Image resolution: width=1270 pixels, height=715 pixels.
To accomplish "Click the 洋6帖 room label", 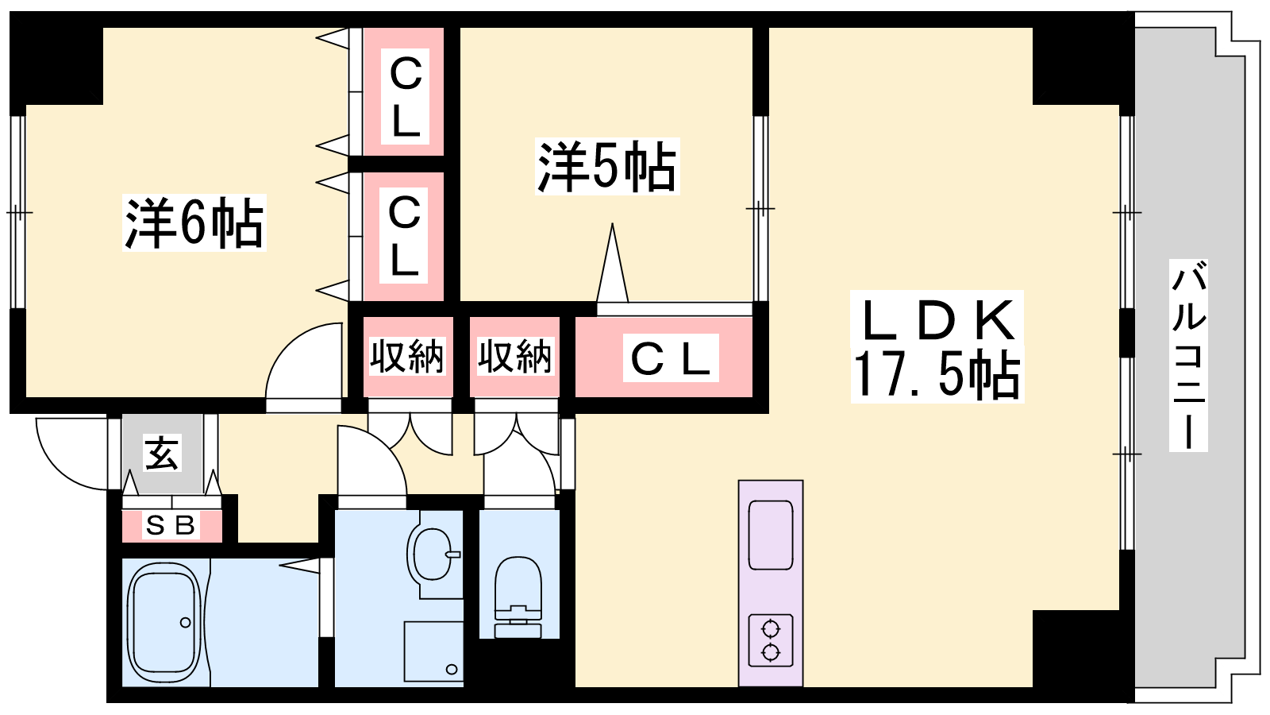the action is (194, 223).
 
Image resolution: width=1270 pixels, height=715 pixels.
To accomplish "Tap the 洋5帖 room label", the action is (607, 167).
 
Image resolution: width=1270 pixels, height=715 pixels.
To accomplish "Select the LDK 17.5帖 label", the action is (937, 346).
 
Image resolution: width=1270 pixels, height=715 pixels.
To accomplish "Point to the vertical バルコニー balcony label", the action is (1188, 355).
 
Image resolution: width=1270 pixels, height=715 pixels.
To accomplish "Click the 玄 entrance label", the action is (162, 453).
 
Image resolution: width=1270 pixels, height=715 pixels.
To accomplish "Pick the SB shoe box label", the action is (170, 525).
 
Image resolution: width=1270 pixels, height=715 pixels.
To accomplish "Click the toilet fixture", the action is (518, 597).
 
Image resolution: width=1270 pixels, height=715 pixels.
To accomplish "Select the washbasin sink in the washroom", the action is (433, 554).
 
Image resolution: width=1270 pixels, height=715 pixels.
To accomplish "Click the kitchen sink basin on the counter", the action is (771, 535).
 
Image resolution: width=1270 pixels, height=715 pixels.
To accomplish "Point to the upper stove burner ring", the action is (771, 629).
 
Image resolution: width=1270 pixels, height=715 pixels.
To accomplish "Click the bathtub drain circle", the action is (186, 623).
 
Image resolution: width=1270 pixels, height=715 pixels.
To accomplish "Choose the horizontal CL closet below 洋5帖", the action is (664, 357).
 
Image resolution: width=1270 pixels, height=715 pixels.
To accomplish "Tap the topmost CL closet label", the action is (405, 96).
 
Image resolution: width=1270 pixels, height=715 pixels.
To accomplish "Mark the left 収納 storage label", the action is (407, 357).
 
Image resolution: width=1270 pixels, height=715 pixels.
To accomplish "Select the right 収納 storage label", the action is (515, 357).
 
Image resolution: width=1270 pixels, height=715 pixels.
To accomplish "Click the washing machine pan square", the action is (433, 651).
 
